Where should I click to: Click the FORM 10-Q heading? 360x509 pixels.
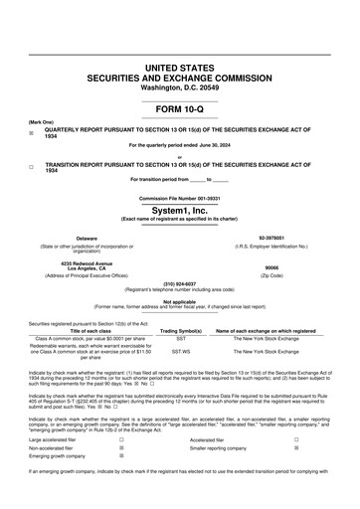click(x=179, y=107)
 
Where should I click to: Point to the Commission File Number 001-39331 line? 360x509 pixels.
click(x=179, y=200)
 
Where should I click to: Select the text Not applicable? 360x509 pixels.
click(x=179, y=301)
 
